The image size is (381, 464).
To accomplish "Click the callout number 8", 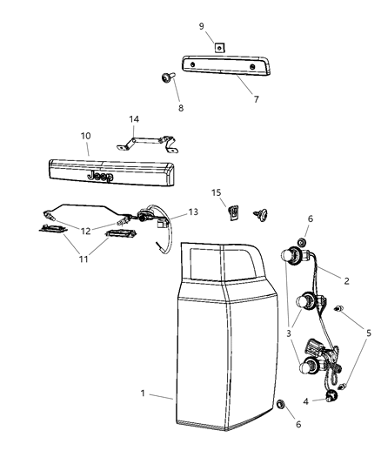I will (180, 108).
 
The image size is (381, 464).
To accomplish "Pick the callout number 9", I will (202, 26).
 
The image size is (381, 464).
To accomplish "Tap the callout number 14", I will (134, 118).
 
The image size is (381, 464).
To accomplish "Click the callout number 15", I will (217, 192).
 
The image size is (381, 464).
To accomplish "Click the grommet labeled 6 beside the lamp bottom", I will (281, 407).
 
